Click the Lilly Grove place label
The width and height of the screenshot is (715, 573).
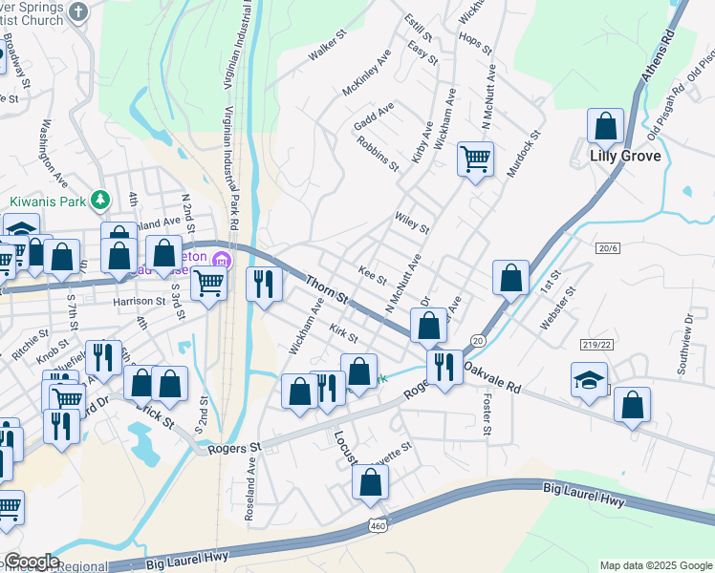[625, 157]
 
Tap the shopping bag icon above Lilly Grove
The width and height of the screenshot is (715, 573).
[606, 125]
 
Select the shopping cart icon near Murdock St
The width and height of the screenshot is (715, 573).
[474, 158]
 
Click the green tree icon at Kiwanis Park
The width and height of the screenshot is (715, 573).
[98, 201]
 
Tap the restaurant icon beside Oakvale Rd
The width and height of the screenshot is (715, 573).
[442, 367]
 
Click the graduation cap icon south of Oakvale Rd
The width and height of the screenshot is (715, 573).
[589, 379]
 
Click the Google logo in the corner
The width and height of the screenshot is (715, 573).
[31, 562]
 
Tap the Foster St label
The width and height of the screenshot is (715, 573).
[487, 416]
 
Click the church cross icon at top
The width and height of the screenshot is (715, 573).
[78, 10]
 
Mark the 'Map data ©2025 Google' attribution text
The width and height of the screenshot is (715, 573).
[655, 565]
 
